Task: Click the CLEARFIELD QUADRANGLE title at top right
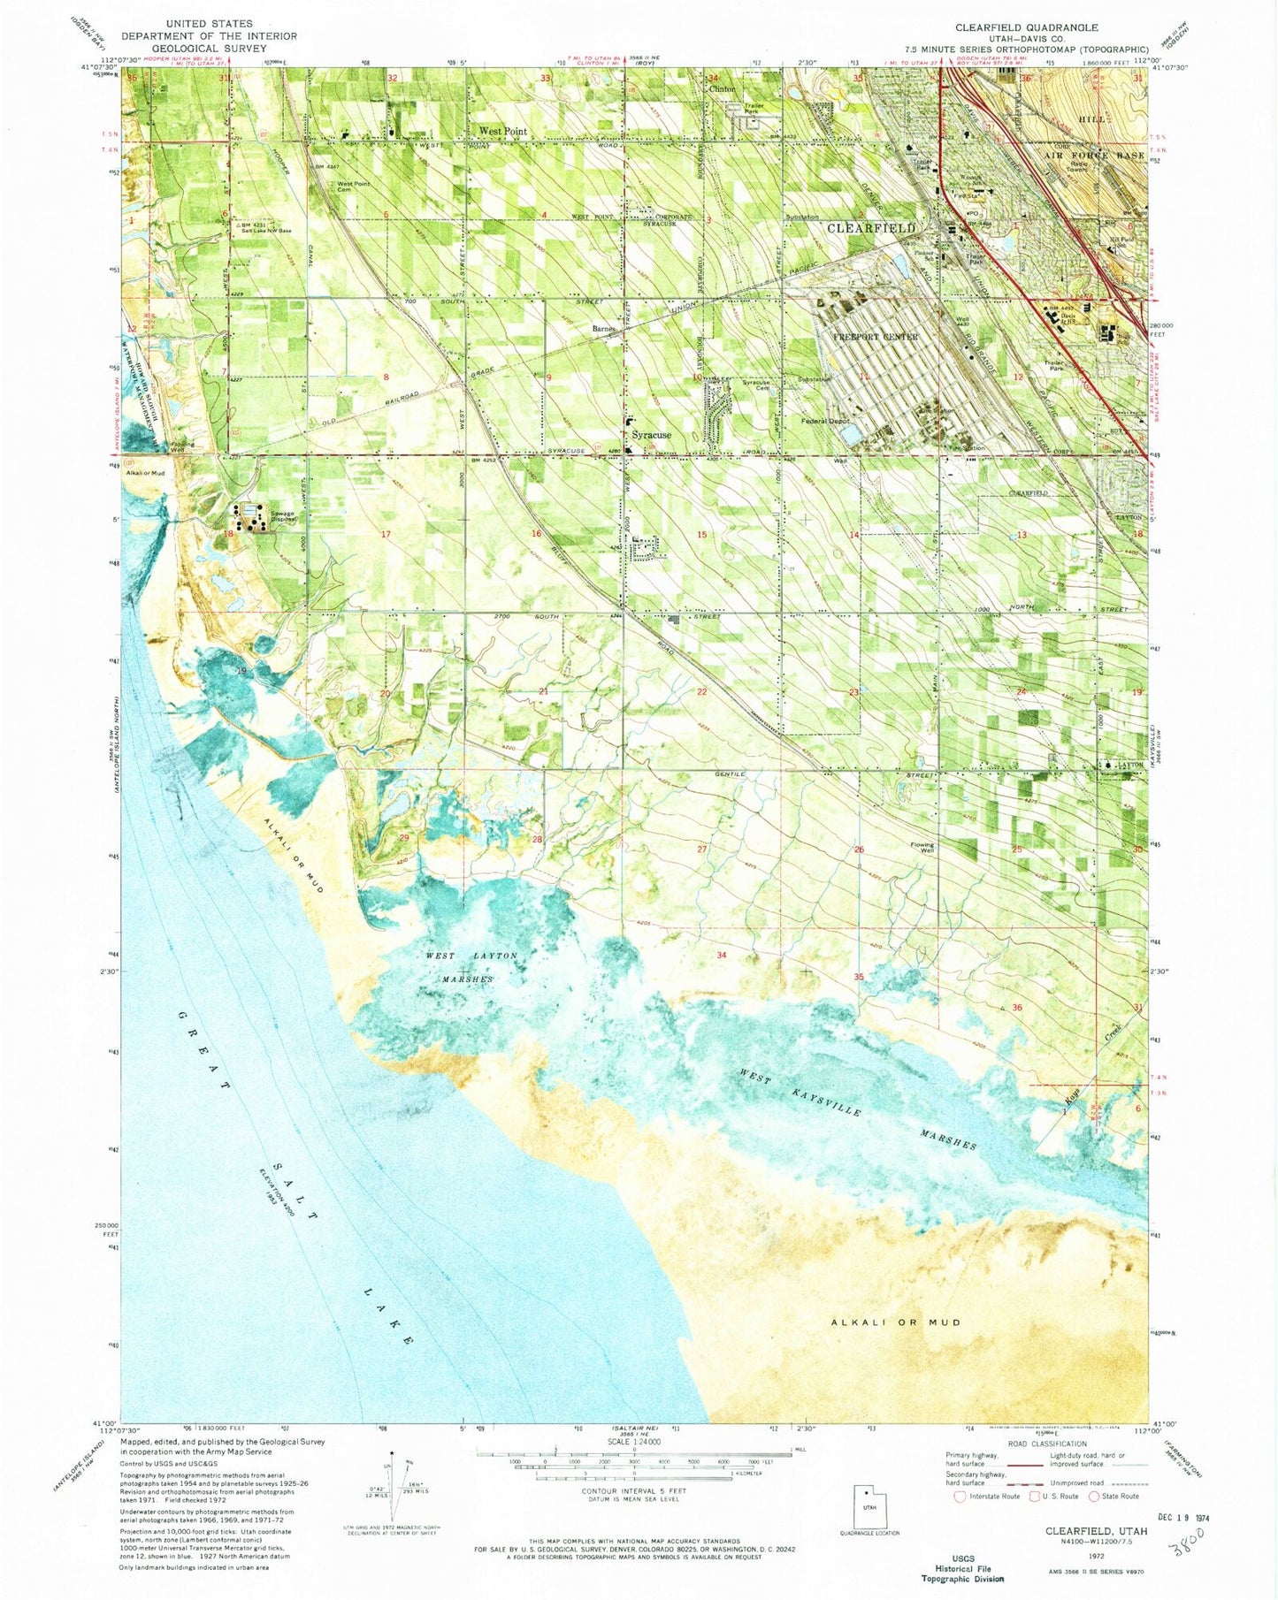pyautogui.click(x=1026, y=27)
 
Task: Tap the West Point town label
pyautogui.click(x=502, y=131)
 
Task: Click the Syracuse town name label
pyautogui.click(x=651, y=435)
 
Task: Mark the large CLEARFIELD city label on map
pyautogui.click(x=870, y=228)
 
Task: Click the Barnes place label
pyautogui.click(x=604, y=329)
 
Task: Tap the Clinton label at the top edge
pyautogui.click(x=722, y=88)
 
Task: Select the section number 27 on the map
pyautogui.click(x=703, y=849)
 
